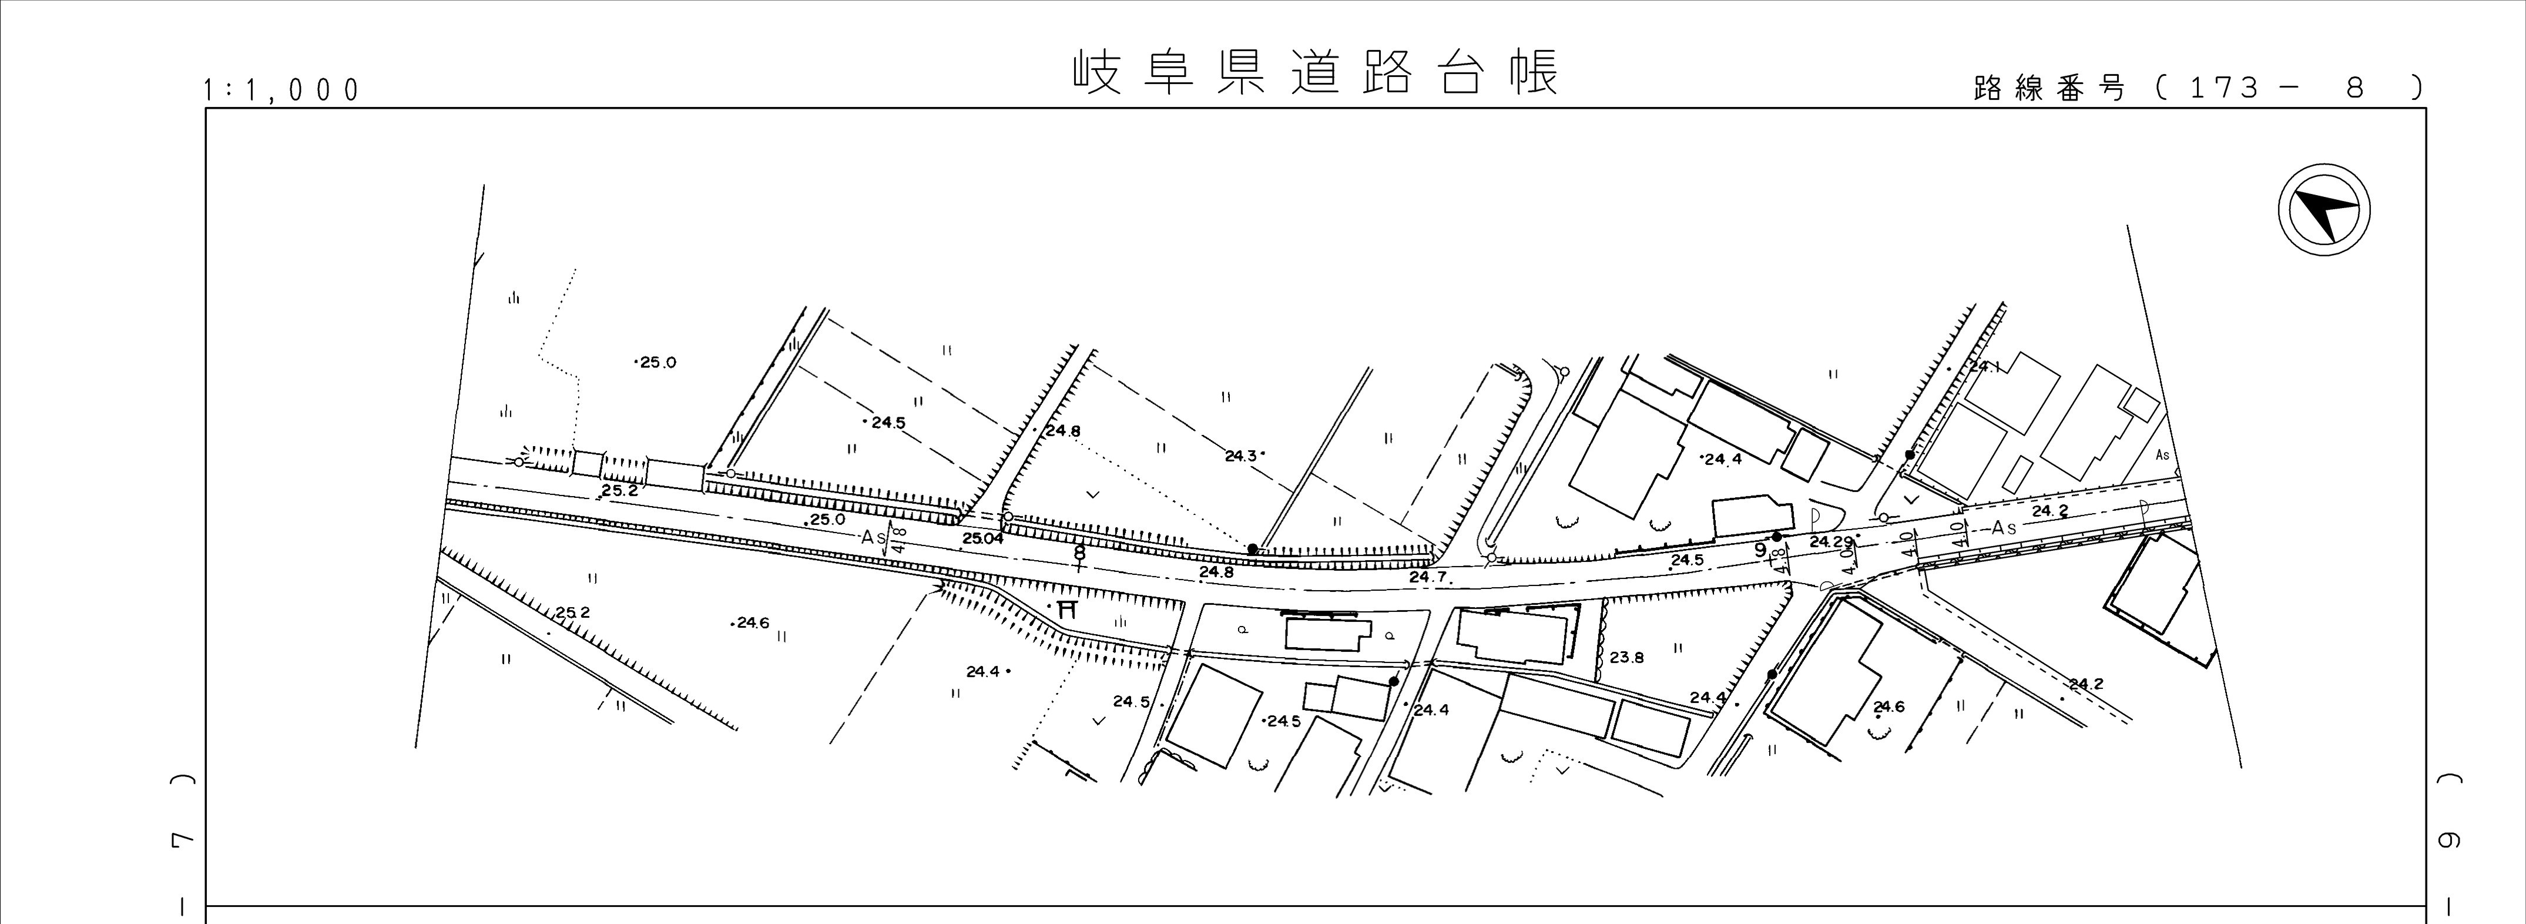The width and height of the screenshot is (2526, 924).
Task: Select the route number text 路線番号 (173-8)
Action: [2196, 88]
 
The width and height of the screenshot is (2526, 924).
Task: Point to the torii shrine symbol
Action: [1068, 608]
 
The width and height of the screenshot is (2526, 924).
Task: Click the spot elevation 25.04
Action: [982, 538]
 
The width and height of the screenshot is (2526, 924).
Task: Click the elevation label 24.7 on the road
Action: [1428, 577]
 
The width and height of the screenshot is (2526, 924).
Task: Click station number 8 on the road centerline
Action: [1079, 553]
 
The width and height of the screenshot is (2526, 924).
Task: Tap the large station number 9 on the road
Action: [1760, 550]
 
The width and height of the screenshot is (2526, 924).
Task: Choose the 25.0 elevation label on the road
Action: [827, 519]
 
